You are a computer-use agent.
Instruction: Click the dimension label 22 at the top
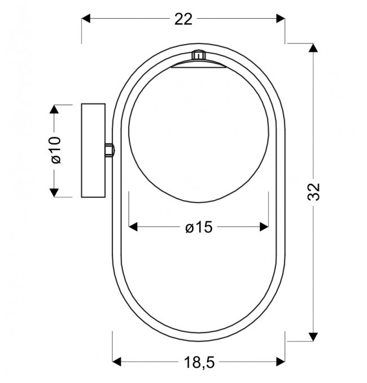(x=183, y=19)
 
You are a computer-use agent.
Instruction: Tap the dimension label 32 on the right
(x=313, y=192)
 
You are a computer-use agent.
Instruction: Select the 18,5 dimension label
(x=199, y=362)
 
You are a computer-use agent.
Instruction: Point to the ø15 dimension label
(x=199, y=227)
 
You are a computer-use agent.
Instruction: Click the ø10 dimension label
(x=56, y=150)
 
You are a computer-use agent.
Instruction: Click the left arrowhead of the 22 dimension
(x=86, y=18)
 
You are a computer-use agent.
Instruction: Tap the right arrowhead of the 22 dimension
(x=281, y=18)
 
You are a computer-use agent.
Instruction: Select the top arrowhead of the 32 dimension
(x=313, y=48)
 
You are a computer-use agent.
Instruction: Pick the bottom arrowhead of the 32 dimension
(x=313, y=337)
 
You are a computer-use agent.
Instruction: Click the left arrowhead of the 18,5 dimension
(x=116, y=362)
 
